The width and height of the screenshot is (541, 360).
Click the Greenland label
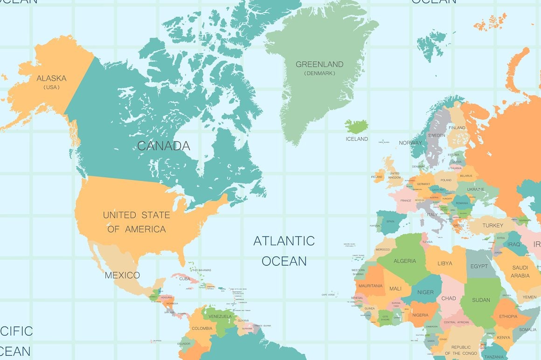(x=319, y=64)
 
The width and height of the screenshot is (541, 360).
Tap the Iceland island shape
(x=357, y=126)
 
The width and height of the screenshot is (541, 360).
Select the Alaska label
(x=51, y=78)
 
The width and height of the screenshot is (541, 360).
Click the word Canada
(x=164, y=146)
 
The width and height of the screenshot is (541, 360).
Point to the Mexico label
(x=122, y=275)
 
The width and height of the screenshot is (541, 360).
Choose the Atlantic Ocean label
(x=284, y=251)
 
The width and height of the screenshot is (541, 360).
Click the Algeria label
(x=404, y=261)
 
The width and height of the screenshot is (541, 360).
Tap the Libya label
(x=444, y=263)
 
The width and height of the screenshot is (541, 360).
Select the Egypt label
(x=479, y=266)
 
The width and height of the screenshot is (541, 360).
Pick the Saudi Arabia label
(x=520, y=271)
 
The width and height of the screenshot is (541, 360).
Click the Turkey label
(x=492, y=226)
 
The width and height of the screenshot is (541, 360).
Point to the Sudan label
(x=481, y=300)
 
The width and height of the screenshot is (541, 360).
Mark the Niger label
(x=425, y=292)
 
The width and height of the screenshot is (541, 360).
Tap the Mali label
(x=395, y=289)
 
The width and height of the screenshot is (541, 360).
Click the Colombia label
(x=202, y=328)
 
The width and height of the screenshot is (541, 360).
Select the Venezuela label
(x=220, y=317)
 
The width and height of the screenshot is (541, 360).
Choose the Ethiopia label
(x=508, y=317)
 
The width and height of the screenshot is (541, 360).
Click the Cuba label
(x=185, y=279)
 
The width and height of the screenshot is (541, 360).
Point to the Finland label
(x=457, y=128)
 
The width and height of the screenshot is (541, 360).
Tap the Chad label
(x=448, y=298)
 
